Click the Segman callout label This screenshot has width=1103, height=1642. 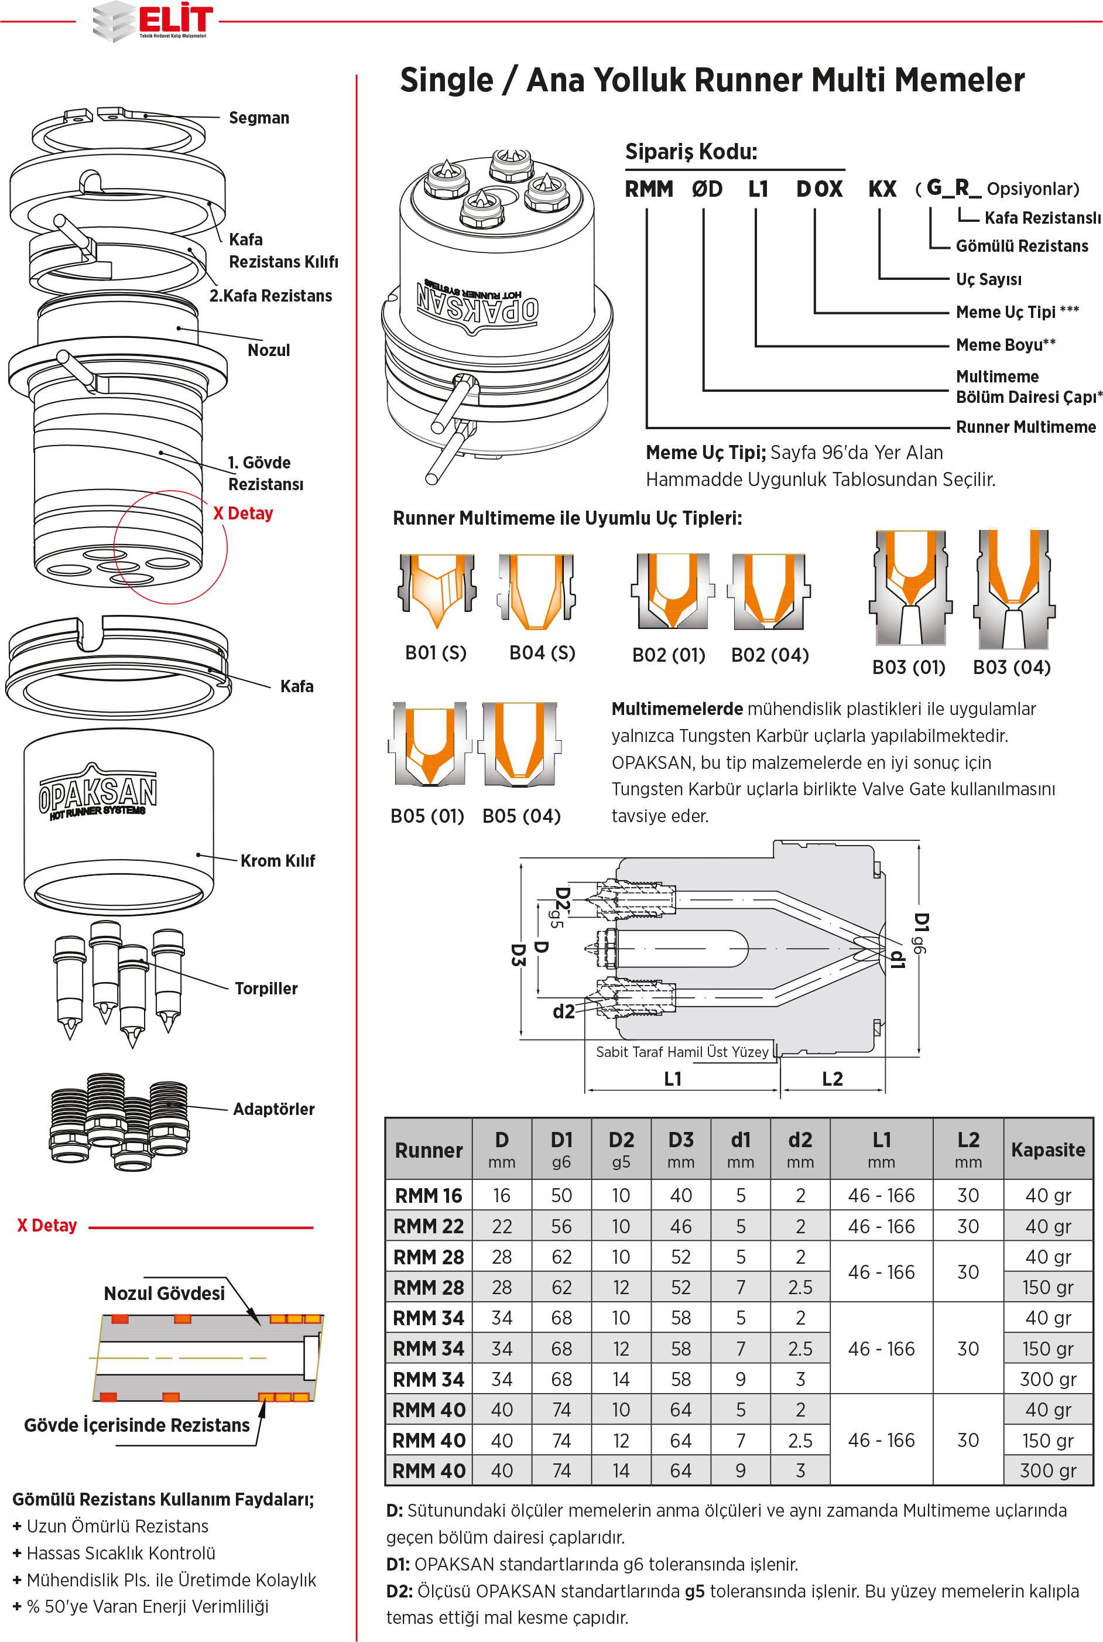pyautogui.click(x=259, y=118)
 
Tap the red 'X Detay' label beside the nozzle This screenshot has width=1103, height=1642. pyautogui.click(x=243, y=514)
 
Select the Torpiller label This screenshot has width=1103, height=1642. pyautogui.click(x=266, y=988)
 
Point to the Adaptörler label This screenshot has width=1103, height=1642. pyautogui.click(x=273, y=1109)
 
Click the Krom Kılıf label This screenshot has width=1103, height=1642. pyautogui.click(x=277, y=860)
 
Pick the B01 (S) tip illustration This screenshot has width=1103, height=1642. pyautogui.click(x=437, y=590)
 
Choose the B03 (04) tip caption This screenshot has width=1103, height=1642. pyautogui.click(x=1012, y=667)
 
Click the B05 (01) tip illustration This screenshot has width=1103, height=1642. pyautogui.click(x=429, y=744)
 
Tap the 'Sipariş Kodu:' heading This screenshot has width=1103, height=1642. pyautogui.click(x=691, y=152)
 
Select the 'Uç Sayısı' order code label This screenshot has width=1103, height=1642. pyautogui.click(x=988, y=279)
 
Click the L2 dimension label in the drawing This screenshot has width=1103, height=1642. pyautogui.click(x=832, y=1079)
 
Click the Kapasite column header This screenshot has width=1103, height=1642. pyautogui.click(x=1047, y=1150)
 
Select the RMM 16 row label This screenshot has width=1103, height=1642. pyautogui.click(x=429, y=1195)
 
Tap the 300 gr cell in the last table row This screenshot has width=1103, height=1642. pyautogui.click(x=1047, y=1470)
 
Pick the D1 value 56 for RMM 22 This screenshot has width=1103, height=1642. pyautogui.click(x=561, y=1226)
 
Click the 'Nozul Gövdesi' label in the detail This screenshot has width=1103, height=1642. pyautogui.click(x=164, y=1293)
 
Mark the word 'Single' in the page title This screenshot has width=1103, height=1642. pyautogui.click(x=447, y=80)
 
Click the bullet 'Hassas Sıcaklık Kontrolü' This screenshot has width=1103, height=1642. pyautogui.click(x=120, y=1552)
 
